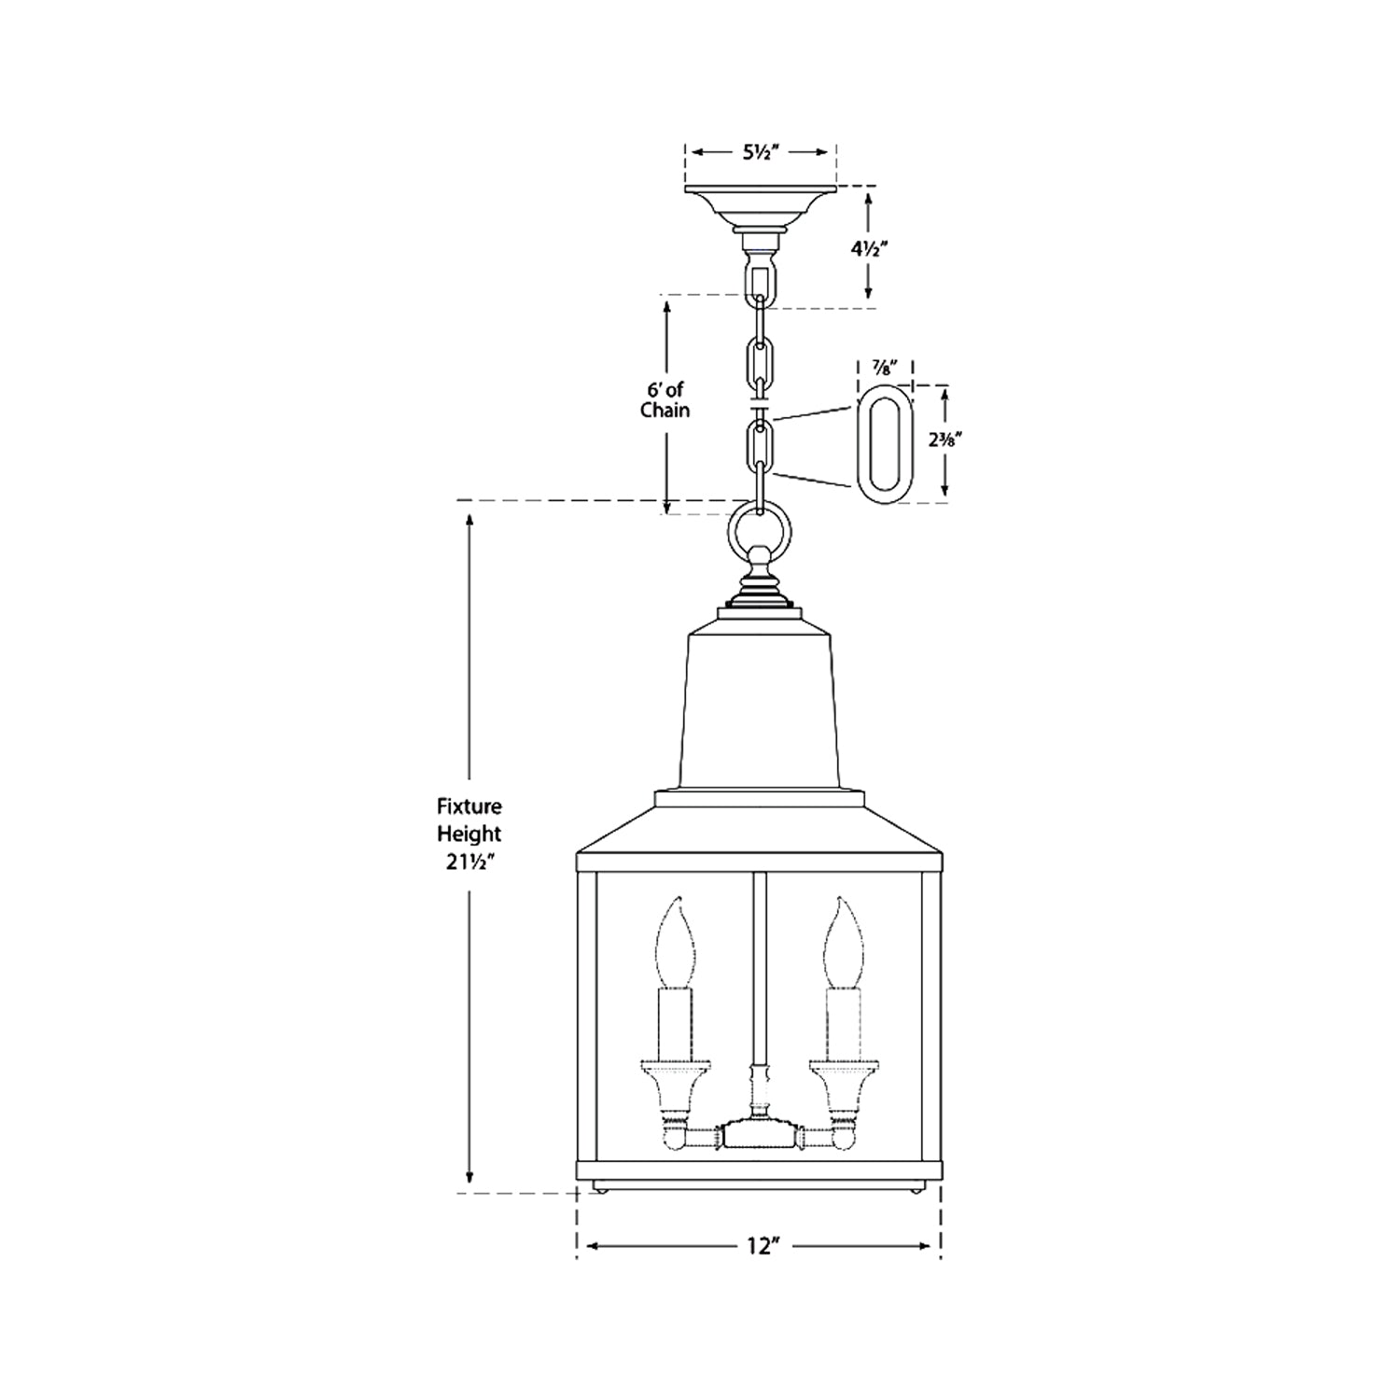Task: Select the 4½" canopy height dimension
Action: [868, 249]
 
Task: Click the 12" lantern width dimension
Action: [762, 1246]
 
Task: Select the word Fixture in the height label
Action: [469, 805]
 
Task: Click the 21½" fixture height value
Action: [469, 861]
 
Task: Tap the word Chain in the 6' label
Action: [665, 410]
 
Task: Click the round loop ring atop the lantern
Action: [760, 531]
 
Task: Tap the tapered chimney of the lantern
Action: [760, 709]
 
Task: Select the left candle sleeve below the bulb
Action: [675, 1023]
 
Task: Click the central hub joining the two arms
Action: [761, 1136]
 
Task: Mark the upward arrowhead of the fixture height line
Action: [469, 519]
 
